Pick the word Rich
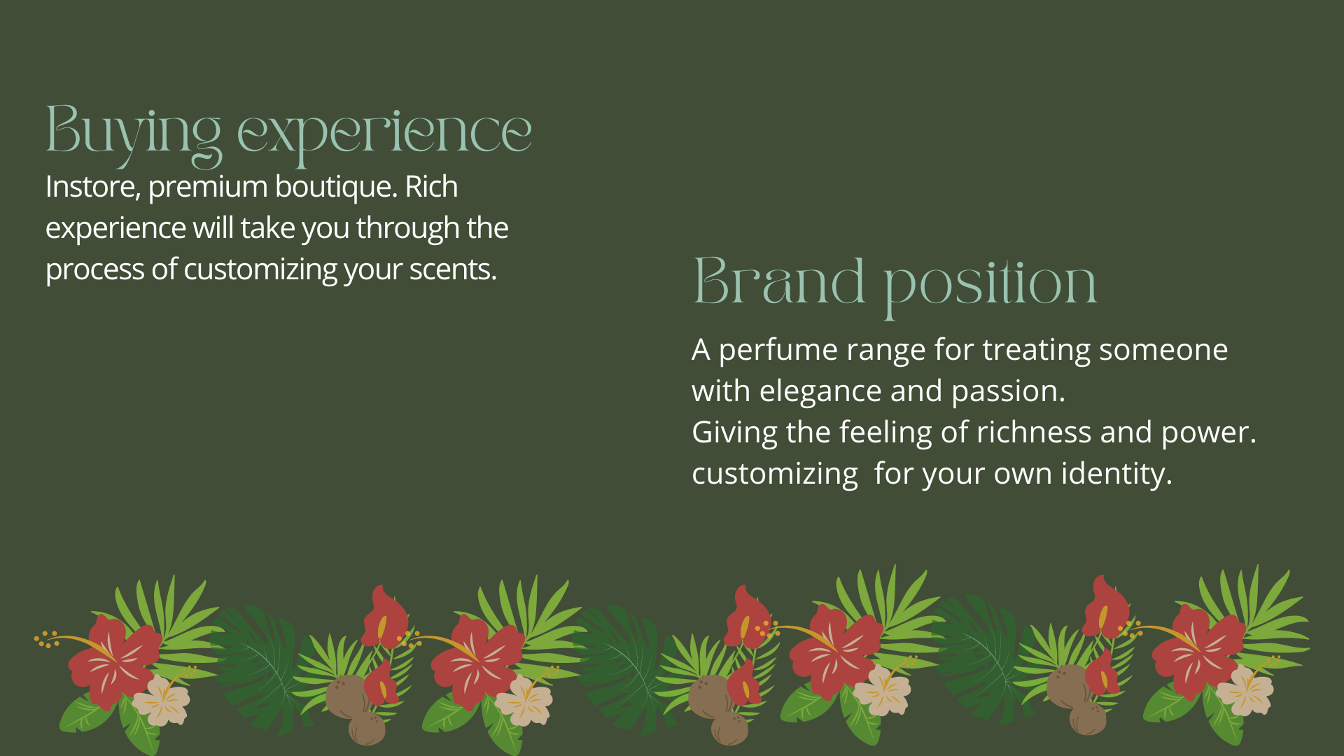coord(431,187)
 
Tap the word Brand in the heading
coord(778,281)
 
